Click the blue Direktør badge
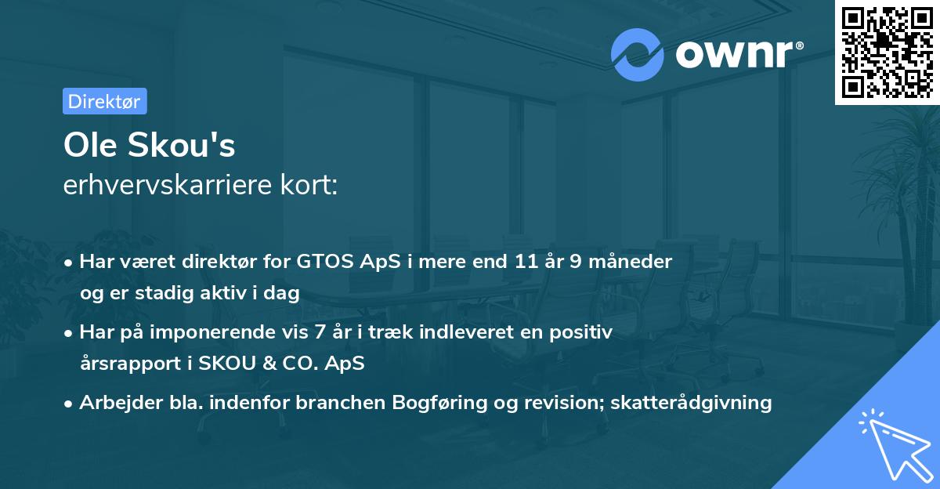(x=105, y=101)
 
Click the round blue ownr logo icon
(x=637, y=54)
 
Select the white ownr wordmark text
(x=737, y=55)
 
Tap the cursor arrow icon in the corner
(x=892, y=442)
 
